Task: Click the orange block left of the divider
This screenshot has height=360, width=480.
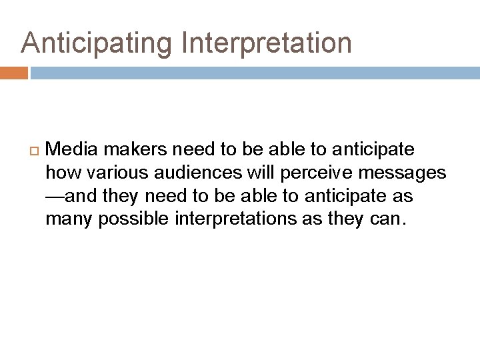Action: click(13, 73)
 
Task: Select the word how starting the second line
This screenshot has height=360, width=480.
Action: click(59, 173)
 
